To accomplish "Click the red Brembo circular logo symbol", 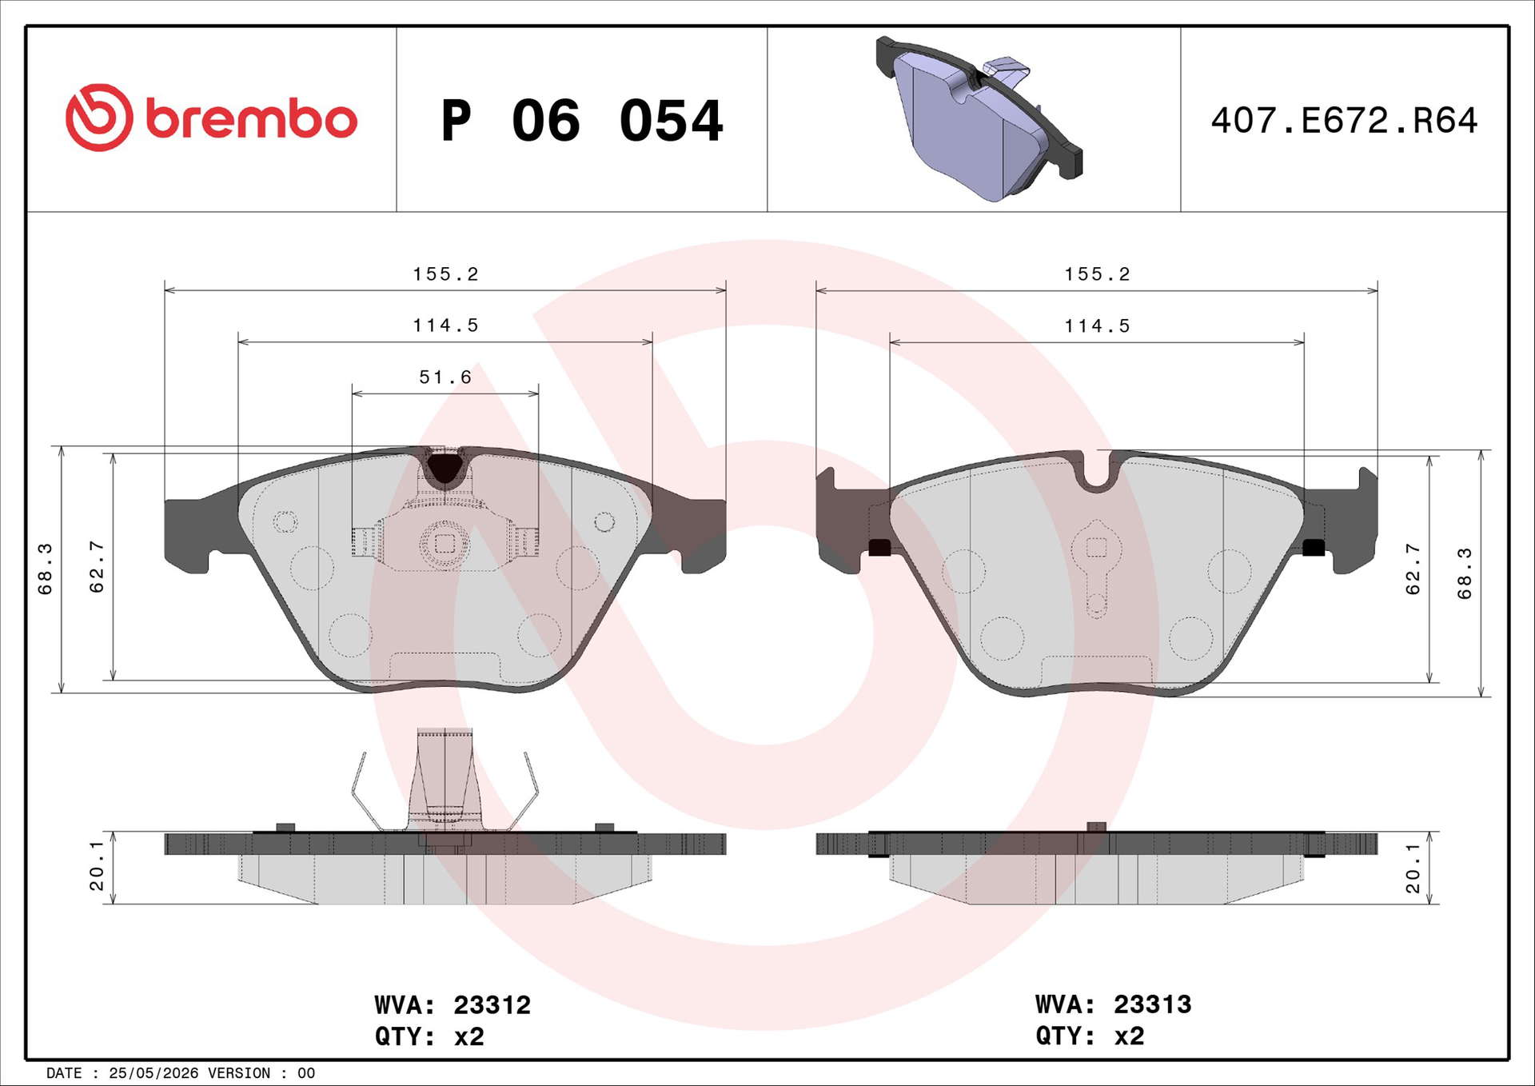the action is pos(99,118).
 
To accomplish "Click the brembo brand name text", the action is pos(251,119).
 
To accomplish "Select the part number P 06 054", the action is pos(582,121).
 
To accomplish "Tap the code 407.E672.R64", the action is pos(1344,120).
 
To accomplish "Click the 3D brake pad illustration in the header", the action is pos(979,118).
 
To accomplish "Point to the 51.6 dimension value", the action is pos(445,377).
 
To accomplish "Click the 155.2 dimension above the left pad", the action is pos(445,274).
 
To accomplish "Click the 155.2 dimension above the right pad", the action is pos(1097,274).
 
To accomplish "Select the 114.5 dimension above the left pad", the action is pos(445,325).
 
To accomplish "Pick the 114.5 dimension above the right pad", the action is pos(1097,326).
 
